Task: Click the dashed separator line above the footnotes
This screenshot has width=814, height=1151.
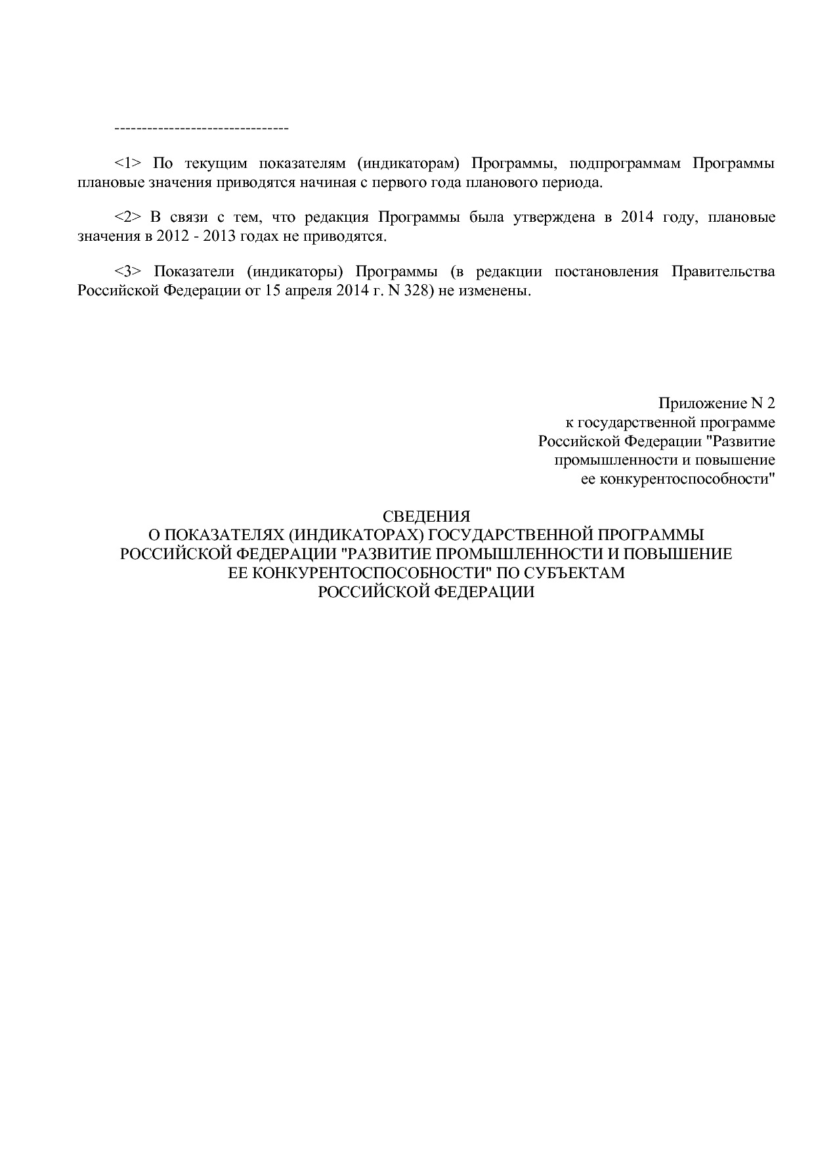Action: pos(202,127)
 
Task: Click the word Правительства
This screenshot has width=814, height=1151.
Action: pos(723,272)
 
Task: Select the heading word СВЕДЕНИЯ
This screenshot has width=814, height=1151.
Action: pos(426,516)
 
